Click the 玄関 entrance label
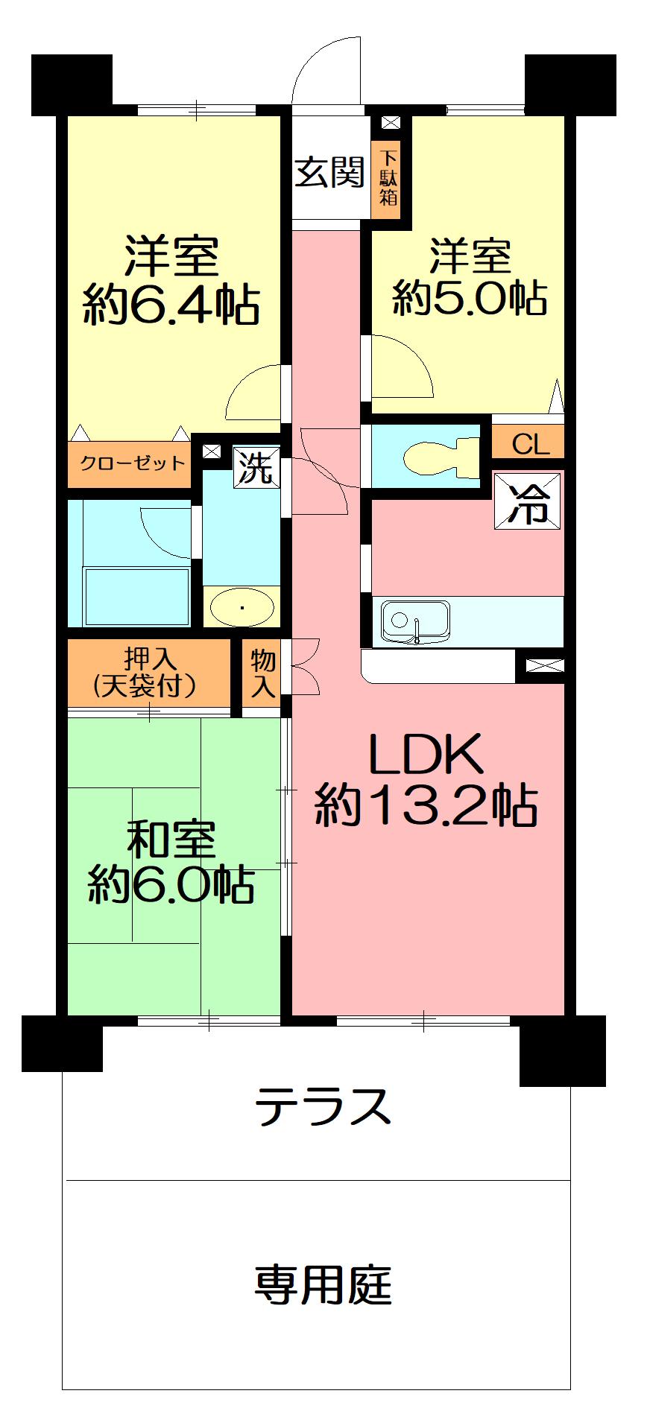pyautogui.click(x=329, y=173)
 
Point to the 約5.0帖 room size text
pyautogui.click(x=470, y=298)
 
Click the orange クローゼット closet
pyautogui.click(x=131, y=464)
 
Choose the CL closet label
pyautogui.click(x=530, y=445)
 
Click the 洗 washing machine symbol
pyautogui.click(x=256, y=467)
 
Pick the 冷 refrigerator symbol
pyautogui.click(x=528, y=502)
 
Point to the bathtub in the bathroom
pyautogui.click(x=138, y=596)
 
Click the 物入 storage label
pyautogui.click(x=262, y=673)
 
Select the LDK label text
pyautogui.click(x=426, y=755)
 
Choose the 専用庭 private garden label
pyautogui.click(x=323, y=1284)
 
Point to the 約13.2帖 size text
pyautogui.click(x=426, y=805)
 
